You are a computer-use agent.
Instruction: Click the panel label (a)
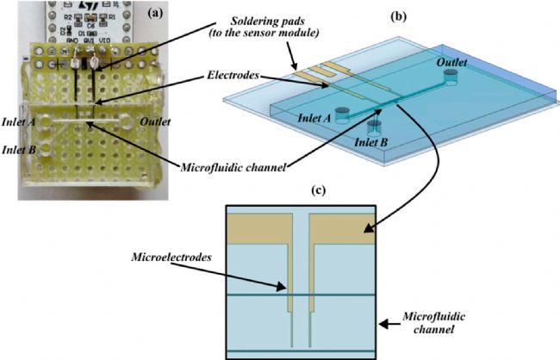pyautogui.click(x=154, y=14)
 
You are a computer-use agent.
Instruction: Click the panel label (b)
pyautogui.click(x=399, y=16)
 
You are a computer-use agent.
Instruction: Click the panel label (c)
pyautogui.click(x=319, y=190)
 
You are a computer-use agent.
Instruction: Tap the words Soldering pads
pyautogui.click(x=267, y=21)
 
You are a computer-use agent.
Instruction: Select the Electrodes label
pyautogui.click(x=233, y=75)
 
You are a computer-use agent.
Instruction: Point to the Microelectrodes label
pyautogui.click(x=171, y=258)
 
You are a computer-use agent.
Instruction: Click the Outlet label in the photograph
pyautogui.click(x=155, y=121)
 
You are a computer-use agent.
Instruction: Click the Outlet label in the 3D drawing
pyautogui.click(x=451, y=62)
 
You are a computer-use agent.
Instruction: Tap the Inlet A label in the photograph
pyautogui.click(x=19, y=121)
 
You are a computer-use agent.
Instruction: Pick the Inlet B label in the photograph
pyautogui.click(x=19, y=150)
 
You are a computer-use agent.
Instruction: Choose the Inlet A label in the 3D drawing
pyautogui.click(x=314, y=118)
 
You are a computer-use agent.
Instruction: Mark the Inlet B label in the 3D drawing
pyautogui.click(x=370, y=142)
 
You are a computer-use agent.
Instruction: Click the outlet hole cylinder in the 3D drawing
pyautogui.click(x=451, y=78)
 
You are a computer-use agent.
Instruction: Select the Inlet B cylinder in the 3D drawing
pyautogui.click(x=375, y=128)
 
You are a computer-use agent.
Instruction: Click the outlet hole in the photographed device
pyautogui.click(x=127, y=121)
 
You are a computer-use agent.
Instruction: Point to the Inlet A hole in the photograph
pyautogui.click(x=46, y=122)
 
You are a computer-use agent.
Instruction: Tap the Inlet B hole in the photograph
pyautogui.click(x=46, y=149)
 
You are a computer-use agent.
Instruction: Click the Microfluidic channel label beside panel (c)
pyautogui.click(x=434, y=322)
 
